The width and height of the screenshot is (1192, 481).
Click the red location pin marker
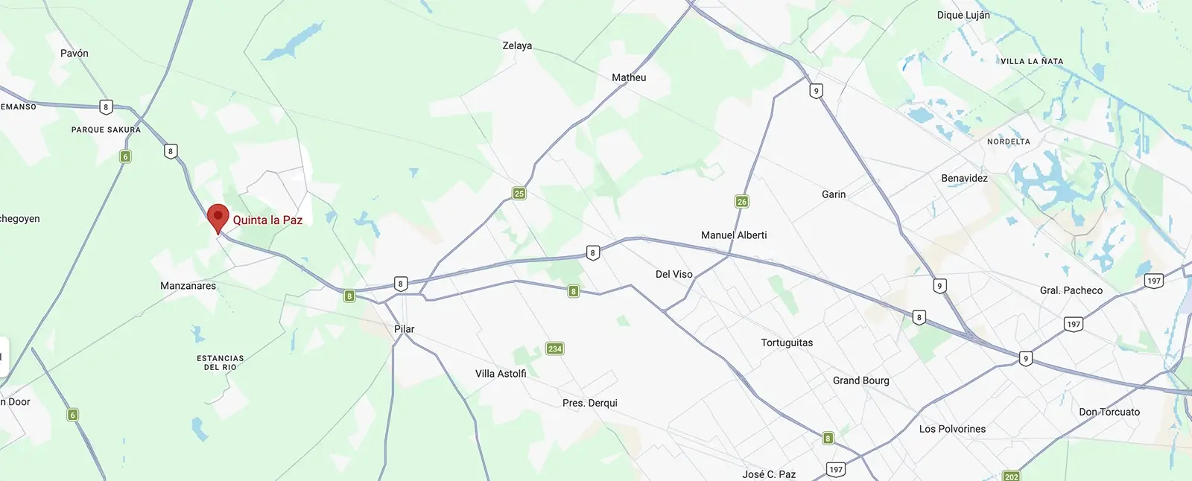point(218,217)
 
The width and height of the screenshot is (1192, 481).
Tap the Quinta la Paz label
point(267,220)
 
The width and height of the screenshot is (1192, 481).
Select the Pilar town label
point(405,329)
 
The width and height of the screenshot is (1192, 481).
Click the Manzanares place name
point(188,286)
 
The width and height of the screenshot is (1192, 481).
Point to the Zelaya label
point(517,46)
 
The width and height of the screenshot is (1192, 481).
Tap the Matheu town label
point(629,77)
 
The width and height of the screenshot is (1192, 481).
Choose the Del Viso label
point(674,275)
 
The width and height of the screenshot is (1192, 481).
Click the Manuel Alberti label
point(734,235)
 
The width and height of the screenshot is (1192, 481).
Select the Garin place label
point(834,194)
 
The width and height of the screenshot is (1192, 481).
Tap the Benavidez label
point(964,179)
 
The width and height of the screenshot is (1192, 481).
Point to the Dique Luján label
point(963,16)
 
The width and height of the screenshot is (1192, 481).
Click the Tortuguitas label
point(787,343)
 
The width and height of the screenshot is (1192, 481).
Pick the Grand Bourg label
point(860,380)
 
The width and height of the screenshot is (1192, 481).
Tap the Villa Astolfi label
point(501,374)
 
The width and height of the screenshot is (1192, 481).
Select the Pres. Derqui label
point(590,404)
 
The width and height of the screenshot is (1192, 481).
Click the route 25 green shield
point(519,194)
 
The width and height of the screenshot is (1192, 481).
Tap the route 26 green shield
point(741,201)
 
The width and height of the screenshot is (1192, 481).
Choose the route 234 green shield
point(555,348)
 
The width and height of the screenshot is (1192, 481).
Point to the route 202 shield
point(1011,476)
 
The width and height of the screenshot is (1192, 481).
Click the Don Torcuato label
point(1109,412)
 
